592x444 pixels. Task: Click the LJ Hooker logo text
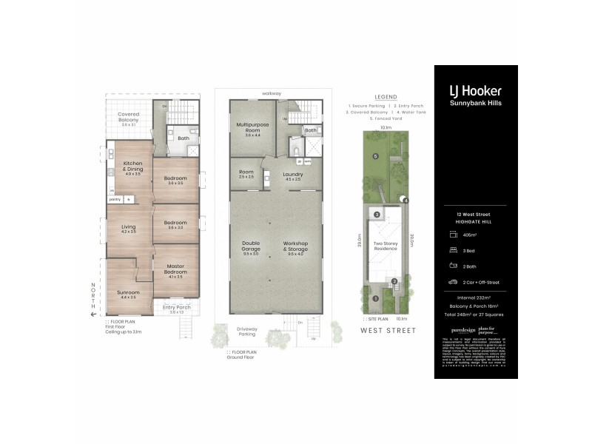(475, 90)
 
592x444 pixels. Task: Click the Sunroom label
(128, 292)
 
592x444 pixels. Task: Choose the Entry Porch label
(176, 308)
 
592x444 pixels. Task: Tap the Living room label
(128, 229)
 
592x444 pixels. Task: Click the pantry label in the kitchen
(115, 199)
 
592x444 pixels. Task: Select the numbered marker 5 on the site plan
(376, 157)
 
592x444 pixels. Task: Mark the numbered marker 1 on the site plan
(376, 299)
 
